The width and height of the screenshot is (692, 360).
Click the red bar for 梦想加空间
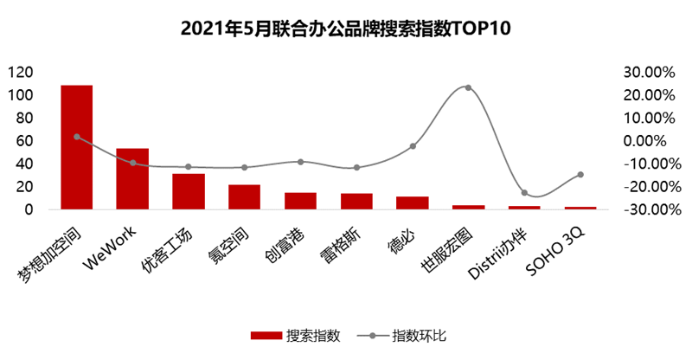pos(76,147)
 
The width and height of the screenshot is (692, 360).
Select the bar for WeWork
pos(132,179)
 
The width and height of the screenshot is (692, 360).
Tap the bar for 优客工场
pos(189,191)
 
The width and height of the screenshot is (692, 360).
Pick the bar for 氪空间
pos(245,197)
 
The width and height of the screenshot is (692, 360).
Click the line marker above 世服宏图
pos(468,87)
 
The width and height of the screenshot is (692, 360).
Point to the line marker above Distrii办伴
pos(524,193)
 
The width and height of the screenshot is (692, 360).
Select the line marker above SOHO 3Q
pos(580,175)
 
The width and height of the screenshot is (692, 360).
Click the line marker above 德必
pos(413,146)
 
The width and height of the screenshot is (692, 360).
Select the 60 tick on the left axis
pos(25,141)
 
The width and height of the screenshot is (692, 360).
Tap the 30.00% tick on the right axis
pos(647,72)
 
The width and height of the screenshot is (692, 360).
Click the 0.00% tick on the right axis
pos(650,141)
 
